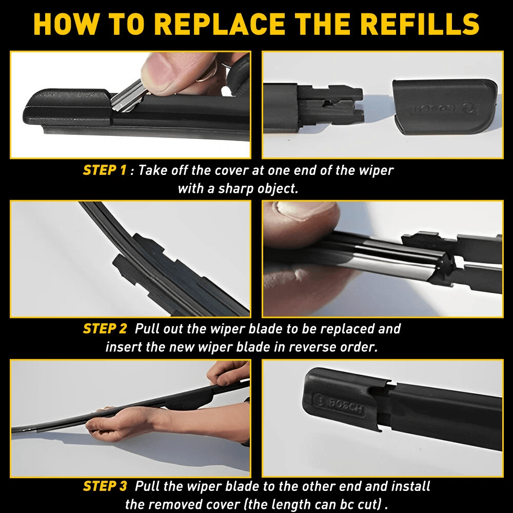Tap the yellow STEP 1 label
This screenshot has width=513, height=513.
coord(104,170)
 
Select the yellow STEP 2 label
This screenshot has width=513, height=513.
coord(104,329)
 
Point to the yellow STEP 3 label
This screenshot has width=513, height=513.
coord(104,486)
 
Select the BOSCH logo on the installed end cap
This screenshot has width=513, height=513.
coord(341,403)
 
